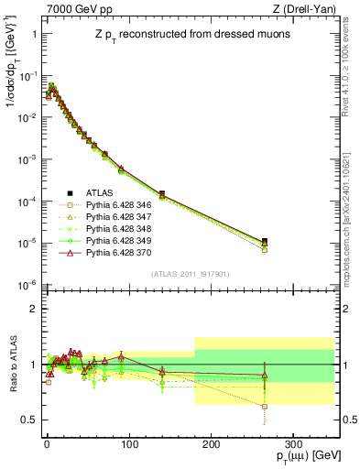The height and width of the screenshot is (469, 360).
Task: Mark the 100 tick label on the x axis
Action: pyautogui.click(x=128, y=442)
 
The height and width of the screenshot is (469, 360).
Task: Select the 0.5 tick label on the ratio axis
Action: pyautogui.click(x=28, y=420)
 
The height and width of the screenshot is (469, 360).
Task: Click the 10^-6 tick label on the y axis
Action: pyautogui.click(x=27, y=285)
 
